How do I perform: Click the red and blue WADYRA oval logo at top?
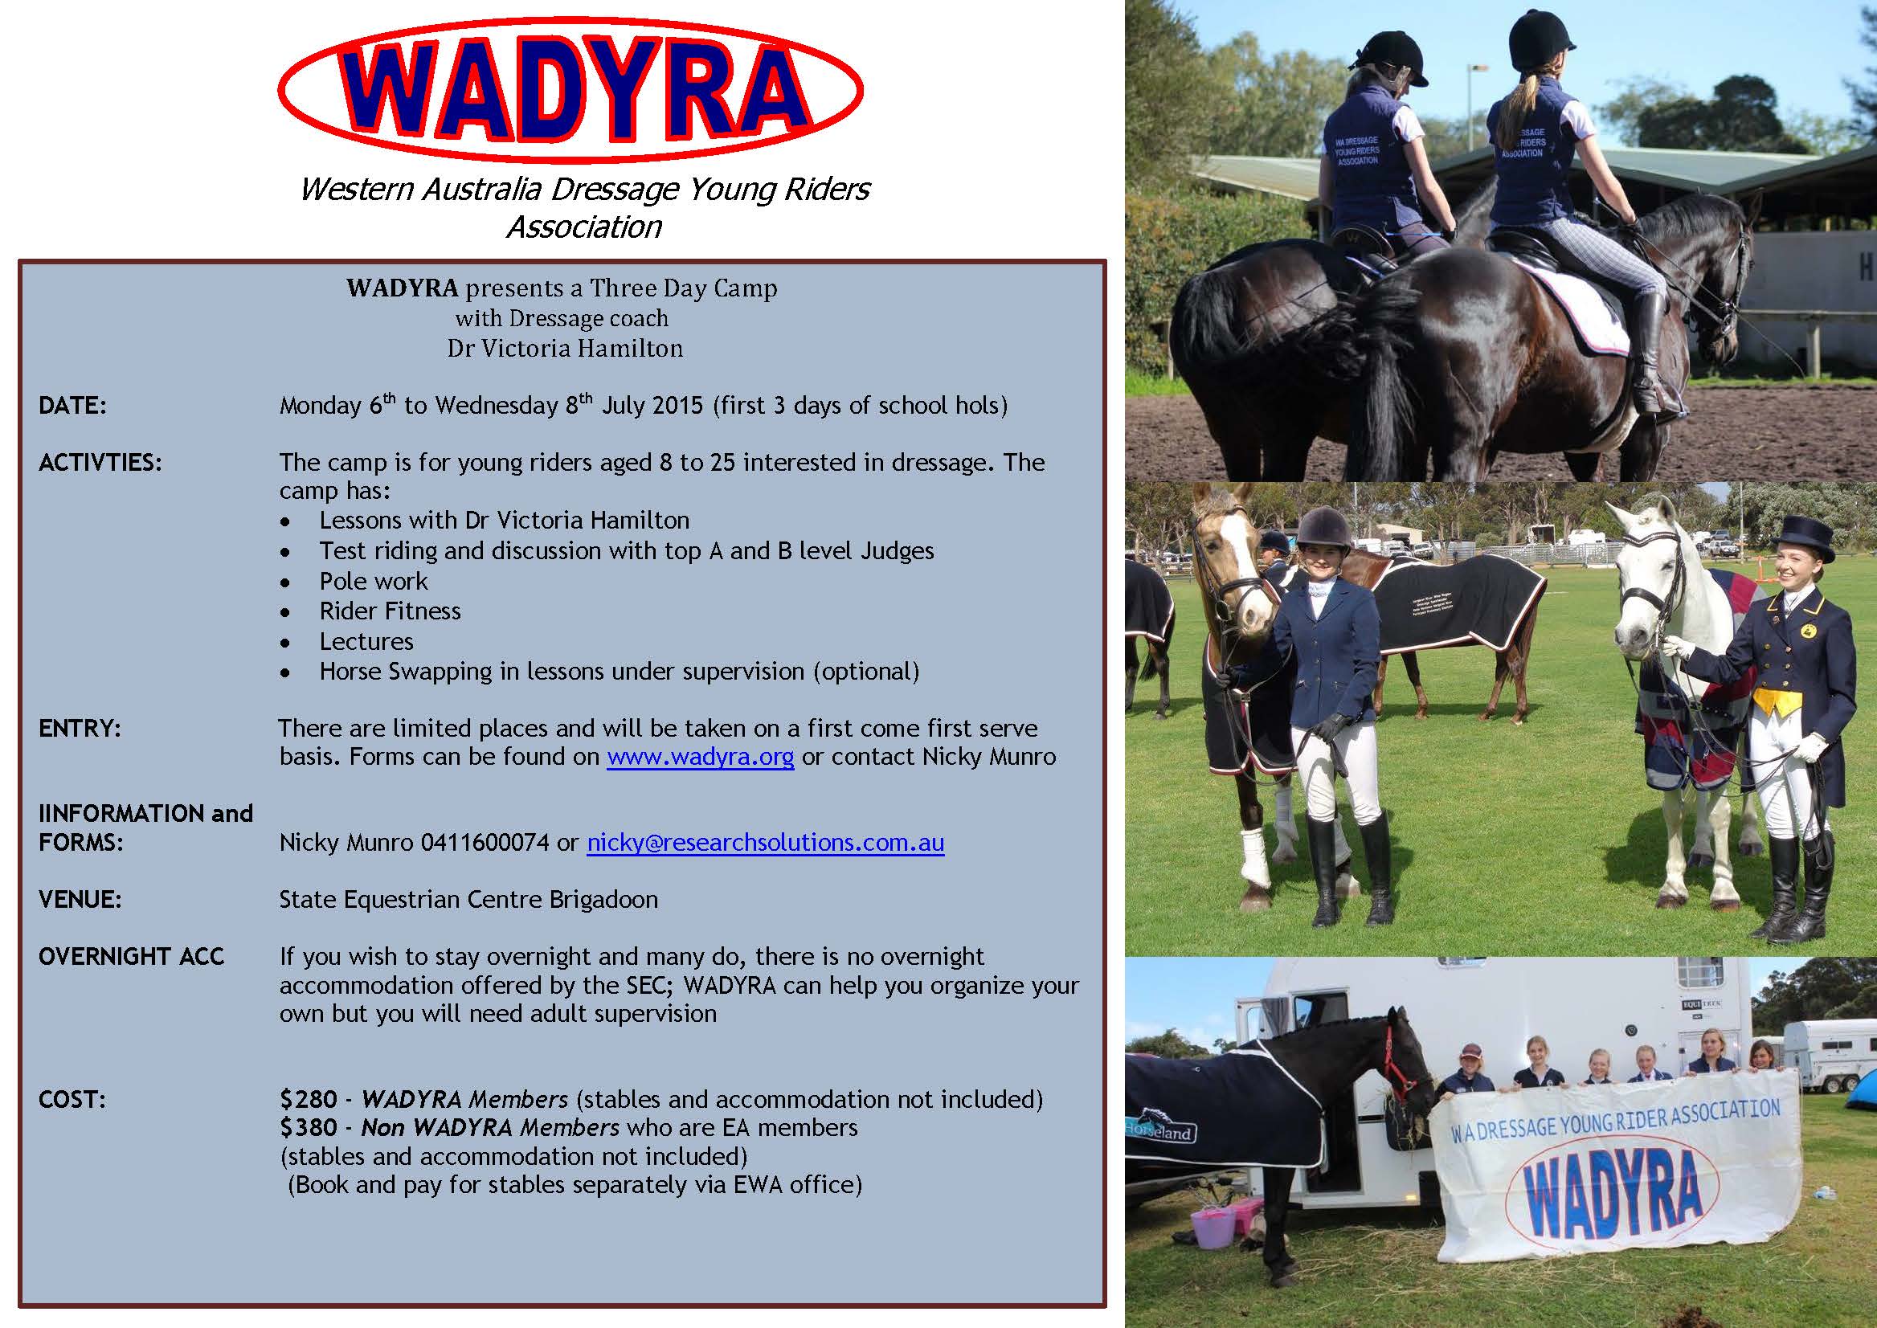tap(570, 90)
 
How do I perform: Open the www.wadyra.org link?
tap(700, 757)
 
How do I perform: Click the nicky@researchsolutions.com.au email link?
tap(766, 842)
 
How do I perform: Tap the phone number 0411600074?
tap(485, 842)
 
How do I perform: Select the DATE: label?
tap(73, 406)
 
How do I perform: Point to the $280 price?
tap(309, 1100)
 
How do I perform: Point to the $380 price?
tap(309, 1128)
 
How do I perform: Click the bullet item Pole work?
tap(373, 582)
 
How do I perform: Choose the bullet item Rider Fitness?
tap(391, 611)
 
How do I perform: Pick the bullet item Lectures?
tap(366, 642)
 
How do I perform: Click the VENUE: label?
tap(80, 901)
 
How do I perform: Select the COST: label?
tap(72, 1100)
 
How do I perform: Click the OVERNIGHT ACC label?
tap(131, 957)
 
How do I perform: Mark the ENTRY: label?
tap(80, 729)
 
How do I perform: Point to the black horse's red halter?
tap(1400, 1063)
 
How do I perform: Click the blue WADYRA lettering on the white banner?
tap(1612, 1195)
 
